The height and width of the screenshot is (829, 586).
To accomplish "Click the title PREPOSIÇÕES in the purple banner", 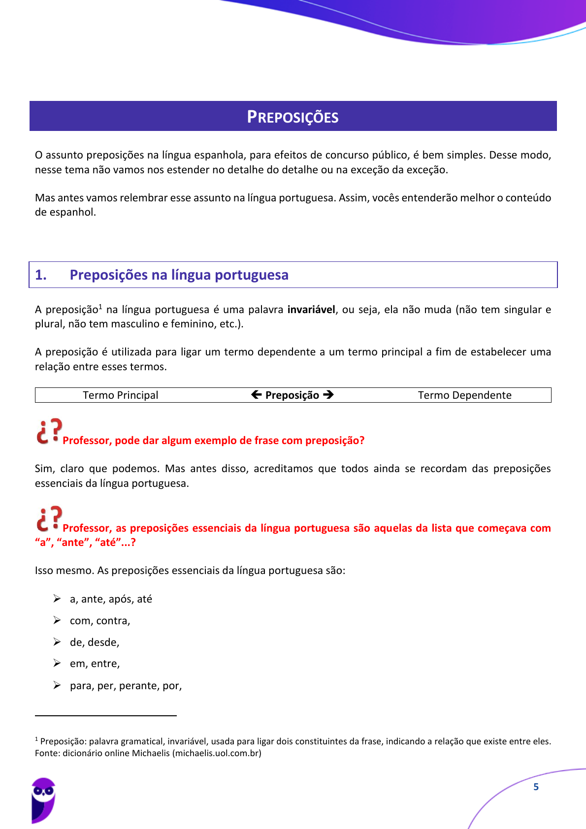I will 293,117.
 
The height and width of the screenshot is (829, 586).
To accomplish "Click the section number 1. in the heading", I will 41,275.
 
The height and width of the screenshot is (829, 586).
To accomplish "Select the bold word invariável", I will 311,310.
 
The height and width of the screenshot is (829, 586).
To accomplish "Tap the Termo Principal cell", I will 121,395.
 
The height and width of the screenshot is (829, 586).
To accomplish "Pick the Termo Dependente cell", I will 464,395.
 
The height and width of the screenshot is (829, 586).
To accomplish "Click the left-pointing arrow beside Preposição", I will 256,395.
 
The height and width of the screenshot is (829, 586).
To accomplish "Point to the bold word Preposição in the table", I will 292,395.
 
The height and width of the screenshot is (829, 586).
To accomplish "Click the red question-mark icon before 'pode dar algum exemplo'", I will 49,432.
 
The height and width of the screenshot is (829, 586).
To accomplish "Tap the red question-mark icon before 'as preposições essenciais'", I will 49,519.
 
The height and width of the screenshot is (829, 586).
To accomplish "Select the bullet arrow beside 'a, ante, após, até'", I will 57,599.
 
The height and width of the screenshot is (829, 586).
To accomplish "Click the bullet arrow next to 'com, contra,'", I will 57,620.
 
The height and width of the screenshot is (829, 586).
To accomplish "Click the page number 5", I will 536,787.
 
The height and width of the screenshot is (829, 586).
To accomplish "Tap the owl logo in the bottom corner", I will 43,800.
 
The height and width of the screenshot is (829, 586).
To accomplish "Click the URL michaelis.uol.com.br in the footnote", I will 217,753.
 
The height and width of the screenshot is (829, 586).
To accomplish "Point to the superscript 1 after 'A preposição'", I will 100,307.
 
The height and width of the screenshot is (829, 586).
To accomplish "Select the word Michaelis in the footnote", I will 150,753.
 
